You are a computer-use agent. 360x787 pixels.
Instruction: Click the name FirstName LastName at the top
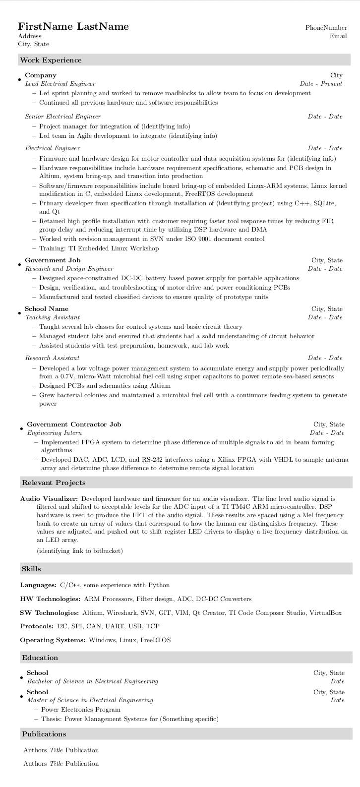click(x=73, y=27)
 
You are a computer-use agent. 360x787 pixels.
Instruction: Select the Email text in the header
click(x=338, y=36)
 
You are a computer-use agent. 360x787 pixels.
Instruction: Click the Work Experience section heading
click(x=51, y=61)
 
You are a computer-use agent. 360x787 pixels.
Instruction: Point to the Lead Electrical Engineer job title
click(x=60, y=84)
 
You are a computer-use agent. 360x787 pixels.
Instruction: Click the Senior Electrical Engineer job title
click(x=63, y=117)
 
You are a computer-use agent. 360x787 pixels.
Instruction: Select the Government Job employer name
click(x=53, y=260)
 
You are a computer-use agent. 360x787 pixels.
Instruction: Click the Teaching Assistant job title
click(x=53, y=317)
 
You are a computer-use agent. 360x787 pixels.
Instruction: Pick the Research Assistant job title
click(x=53, y=358)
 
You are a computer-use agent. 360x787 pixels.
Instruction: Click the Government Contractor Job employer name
click(x=74, y=424)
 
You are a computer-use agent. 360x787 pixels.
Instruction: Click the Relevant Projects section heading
click(x=54, y=483)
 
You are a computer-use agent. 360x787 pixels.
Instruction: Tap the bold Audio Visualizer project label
click(x=49, y=499)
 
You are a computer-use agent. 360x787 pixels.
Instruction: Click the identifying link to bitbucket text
click(x=79, y=551)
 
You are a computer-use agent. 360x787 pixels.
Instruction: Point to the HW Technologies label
click(x=50, y=599)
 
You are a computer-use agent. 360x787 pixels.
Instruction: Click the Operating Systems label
click(x=53, y=640)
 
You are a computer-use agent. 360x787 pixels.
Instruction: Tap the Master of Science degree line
click(x=90, y=700)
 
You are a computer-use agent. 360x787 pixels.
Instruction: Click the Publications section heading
click(x=44, y=734)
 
